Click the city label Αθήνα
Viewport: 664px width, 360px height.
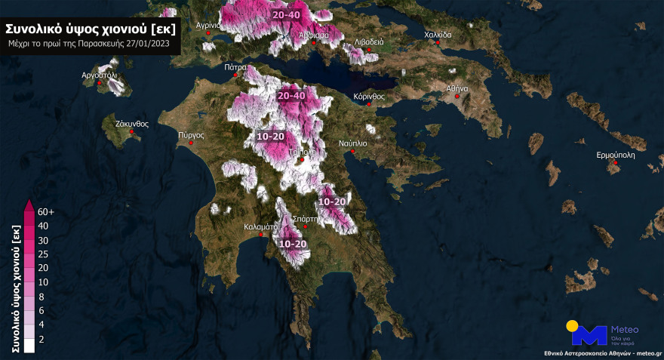pyautogui.click(x=458, y=88)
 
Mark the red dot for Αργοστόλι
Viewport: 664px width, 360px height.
pyautogui.click(x=101, y=83)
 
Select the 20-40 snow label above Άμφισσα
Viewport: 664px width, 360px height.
pyautogui.click(x=287, y=15)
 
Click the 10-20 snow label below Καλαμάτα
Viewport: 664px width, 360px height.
pyautogui.click(x=293, y=244)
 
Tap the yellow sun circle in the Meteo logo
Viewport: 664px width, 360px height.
pyautogui.click(x=573, y=326)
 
